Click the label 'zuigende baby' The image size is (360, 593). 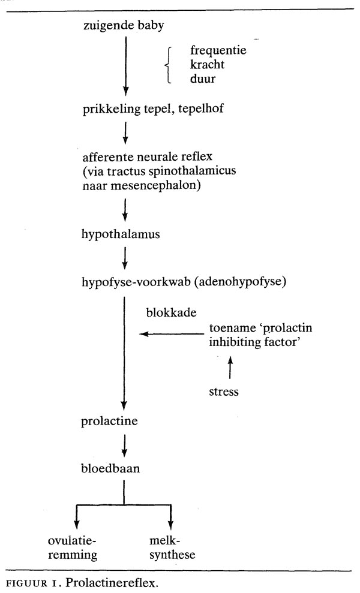click(125, 26)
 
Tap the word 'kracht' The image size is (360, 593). click(207, 65)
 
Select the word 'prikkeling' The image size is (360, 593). click(109, 109)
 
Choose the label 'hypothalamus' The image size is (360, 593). click(121, 234)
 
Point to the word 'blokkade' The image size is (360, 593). click(166, 313)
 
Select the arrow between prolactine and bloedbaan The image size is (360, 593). click(124, 444)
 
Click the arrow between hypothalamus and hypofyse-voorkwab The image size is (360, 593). click(124, 257)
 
